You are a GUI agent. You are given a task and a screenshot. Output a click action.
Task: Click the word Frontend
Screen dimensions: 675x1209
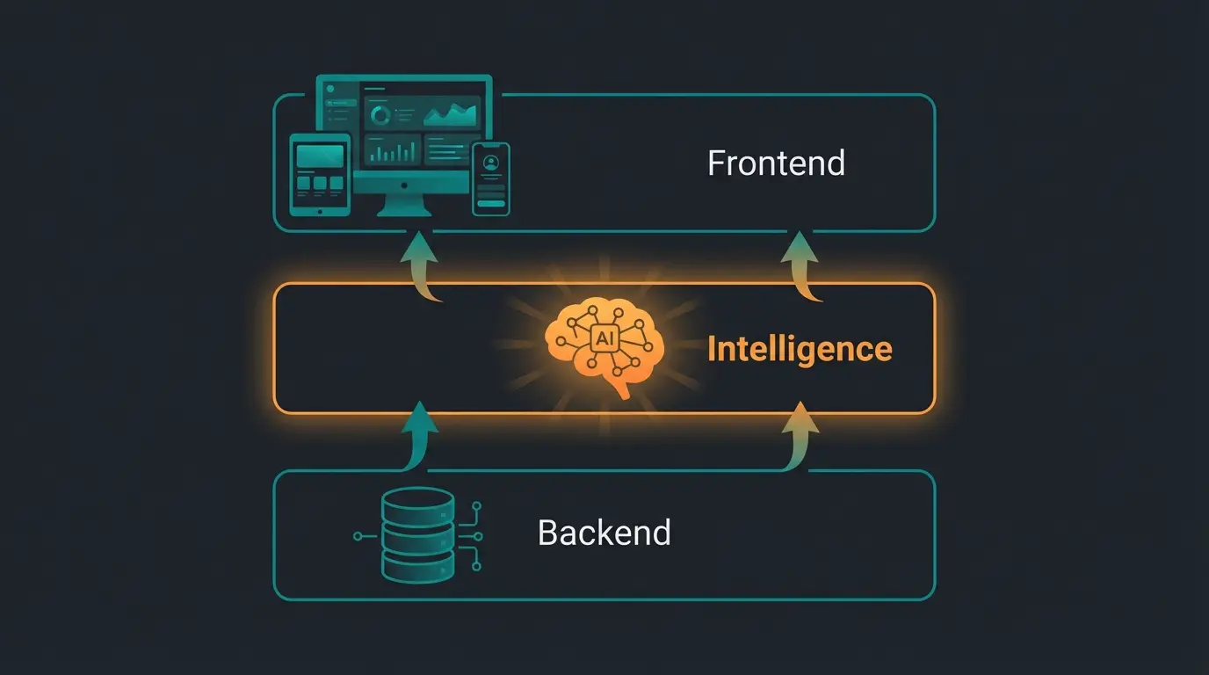[x=776, y=163]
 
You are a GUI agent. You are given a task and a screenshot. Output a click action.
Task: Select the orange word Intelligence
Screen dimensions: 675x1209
[x=800, y=349]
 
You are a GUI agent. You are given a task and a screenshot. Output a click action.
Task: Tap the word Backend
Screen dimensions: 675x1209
[x=604, y=533]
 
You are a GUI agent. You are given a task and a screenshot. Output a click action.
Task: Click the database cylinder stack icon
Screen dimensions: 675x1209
[x=418, y=534]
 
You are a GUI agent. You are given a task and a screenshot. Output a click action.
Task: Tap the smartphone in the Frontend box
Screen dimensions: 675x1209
[x=491, y=178]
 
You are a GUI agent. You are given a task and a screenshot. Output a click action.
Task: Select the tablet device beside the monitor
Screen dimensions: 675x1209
[x=320, y=173]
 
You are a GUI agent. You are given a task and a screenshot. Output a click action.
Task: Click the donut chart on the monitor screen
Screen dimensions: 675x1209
[x=380, y=114]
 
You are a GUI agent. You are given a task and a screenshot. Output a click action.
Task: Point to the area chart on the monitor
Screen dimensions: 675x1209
[x=451, y=112]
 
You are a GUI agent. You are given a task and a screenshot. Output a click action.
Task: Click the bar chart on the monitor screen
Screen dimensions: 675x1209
[x=393, y=152]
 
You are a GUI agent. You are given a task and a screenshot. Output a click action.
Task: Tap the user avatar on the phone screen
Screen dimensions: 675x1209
[x=491, y=163]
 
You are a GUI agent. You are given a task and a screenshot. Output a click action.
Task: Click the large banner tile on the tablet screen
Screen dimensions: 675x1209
[x=320, y=156]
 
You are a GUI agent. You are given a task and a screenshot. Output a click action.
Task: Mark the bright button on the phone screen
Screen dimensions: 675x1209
[x=491, y=204]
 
